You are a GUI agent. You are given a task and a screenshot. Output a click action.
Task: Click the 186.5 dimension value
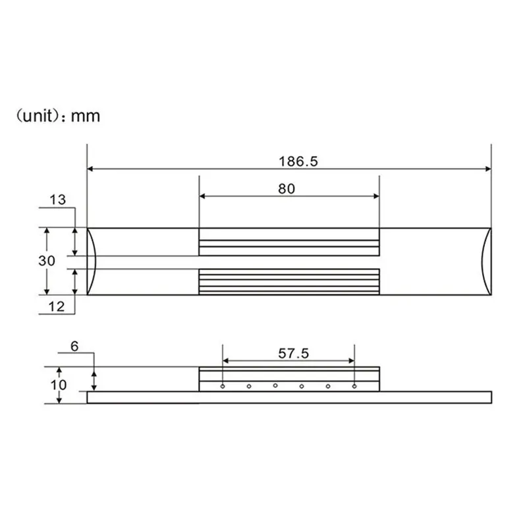298,161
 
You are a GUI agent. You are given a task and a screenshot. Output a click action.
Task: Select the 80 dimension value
287,189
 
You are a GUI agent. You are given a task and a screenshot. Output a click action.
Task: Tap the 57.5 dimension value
293,354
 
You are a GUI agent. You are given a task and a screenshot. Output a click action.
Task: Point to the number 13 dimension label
57,200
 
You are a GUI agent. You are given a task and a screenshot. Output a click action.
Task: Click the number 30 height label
46,261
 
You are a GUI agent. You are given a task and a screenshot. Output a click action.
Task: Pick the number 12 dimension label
56,306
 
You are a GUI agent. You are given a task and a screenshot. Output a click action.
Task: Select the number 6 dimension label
74,347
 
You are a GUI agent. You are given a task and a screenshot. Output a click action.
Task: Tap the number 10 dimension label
59,385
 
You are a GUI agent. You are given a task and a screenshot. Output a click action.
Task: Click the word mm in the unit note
86,117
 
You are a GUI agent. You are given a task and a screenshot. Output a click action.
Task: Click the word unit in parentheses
39,116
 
